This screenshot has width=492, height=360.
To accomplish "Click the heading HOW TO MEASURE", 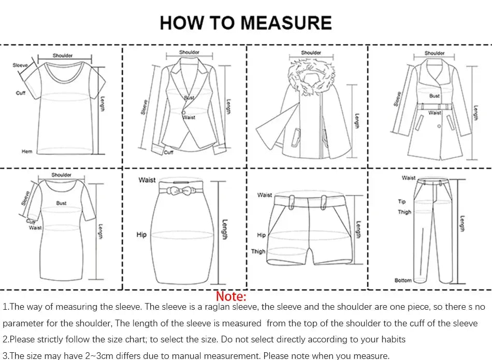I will (245, 23).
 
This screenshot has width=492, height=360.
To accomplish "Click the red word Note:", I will (231, 296).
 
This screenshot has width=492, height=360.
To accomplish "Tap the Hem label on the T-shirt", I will (27, 152).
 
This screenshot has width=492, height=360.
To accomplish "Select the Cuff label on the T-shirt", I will (21, 93).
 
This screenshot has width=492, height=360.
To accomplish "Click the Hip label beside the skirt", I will (141, 235).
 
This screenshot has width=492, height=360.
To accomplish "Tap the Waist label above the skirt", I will (147, 180).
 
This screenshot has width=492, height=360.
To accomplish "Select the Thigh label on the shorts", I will (258, 251).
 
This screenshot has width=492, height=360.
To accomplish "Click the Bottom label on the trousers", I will (403, 280).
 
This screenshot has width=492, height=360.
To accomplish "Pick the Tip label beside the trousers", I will (402, 201).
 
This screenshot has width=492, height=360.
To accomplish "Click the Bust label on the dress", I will (61, 203).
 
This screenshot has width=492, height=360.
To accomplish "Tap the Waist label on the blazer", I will (190, 118).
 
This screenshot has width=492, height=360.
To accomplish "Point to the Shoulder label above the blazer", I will (189, 52).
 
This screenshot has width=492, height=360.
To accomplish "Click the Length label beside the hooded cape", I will (357, 121).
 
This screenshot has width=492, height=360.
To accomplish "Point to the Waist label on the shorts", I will (265, 195).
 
